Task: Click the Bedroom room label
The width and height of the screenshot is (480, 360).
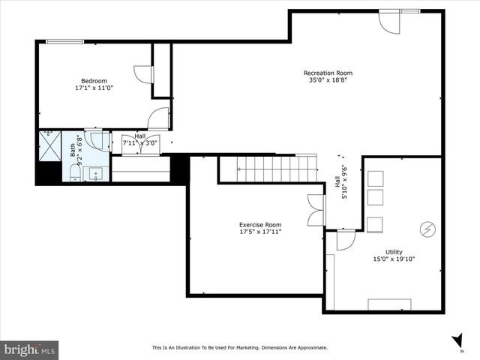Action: click(94, 81)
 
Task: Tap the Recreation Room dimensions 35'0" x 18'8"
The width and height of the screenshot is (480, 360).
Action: click(328, 80)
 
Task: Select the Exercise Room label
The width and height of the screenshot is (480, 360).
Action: click(260, 224)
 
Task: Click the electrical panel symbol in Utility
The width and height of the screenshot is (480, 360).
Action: click(427, 227)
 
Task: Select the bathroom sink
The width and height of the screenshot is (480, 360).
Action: click(96, 175)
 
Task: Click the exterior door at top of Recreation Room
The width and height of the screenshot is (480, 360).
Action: click(390, 21)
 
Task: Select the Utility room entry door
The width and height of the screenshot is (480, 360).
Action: click(345, 240)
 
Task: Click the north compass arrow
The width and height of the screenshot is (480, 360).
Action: click(457, 340)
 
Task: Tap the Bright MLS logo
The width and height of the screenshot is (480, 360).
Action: click(30, 349)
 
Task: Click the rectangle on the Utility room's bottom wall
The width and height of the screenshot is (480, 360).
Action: click(388, 304)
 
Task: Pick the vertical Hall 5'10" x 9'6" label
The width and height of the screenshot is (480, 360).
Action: click(340, 182)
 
